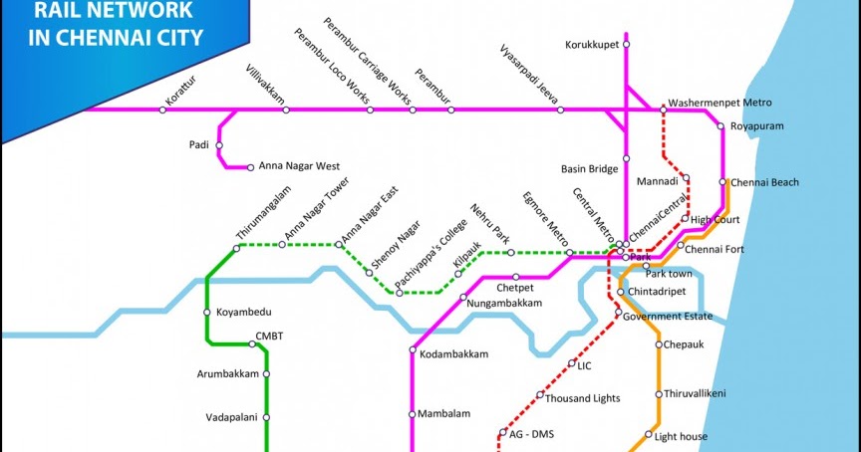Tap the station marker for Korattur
[162, 110]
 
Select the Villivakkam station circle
[286, 110]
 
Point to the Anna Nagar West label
[299, 166]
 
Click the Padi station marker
[219, 145]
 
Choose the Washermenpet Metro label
[719, 103]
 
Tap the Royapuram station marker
[720, 126]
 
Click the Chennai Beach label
[764, 182]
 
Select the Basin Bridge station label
[590, 169]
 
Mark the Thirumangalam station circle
[236, 248]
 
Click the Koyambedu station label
[244, 312]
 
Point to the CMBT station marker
[252, 344]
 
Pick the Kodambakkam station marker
[413, 349]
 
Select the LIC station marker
[572, 363]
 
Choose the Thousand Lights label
[584, 397]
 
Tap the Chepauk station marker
[659, 344]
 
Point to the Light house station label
[681, 436]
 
